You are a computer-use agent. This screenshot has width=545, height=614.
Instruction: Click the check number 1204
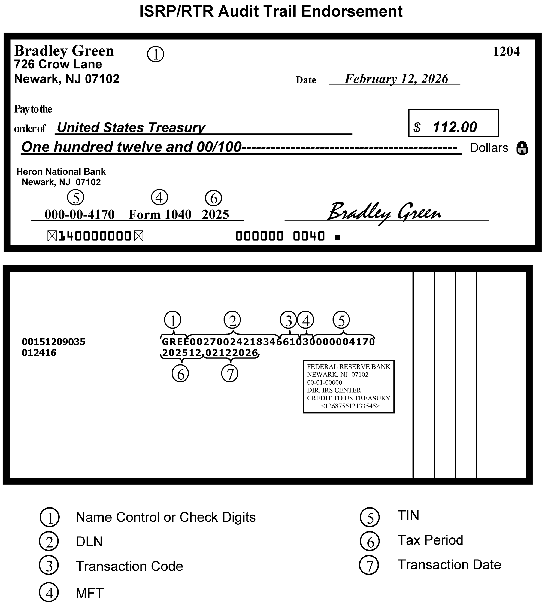[506, 52]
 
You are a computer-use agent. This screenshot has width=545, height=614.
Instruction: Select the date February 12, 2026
[396, 79]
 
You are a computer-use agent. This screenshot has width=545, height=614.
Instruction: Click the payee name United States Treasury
[131, 128]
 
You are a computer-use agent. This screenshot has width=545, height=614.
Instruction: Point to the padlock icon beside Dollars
[522, 148]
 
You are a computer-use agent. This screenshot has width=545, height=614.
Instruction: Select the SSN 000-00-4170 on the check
[79, 215]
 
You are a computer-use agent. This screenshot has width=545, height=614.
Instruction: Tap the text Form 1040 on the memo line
[160, 215]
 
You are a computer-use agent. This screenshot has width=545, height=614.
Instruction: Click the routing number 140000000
[95, 236]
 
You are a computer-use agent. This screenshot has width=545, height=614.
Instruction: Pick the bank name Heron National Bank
[61, 172]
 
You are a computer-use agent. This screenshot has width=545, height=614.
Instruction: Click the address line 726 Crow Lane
[58, 64]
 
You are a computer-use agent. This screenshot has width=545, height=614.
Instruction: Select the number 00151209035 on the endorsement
[53, 342]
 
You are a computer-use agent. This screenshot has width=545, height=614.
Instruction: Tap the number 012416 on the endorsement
[39, 353]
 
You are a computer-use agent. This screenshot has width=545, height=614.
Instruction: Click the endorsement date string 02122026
[231, 353]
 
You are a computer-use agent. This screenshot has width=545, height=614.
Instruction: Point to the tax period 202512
[181, 353]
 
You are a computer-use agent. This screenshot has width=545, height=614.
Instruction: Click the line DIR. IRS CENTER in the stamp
[334, 390]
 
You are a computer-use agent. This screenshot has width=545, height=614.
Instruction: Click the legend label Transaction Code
[129, 566]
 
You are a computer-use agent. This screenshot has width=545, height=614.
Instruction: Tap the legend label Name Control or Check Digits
[165, 517]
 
